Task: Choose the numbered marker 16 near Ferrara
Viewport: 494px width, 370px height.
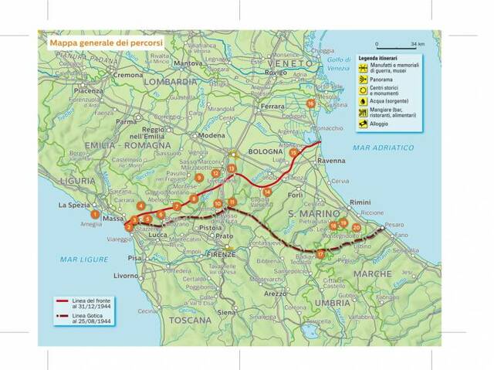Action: pos(310,103)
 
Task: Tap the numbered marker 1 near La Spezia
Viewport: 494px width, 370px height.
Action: pos(95,214)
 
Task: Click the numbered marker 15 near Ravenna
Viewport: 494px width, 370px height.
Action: pos(293,153)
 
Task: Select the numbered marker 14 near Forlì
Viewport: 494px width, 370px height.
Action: pos(267,192)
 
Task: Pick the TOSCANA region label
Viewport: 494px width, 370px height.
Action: pos(191,319)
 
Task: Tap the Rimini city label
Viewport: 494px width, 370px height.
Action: pos(360,202)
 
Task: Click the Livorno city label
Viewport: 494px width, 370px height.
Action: pos(126,275)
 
